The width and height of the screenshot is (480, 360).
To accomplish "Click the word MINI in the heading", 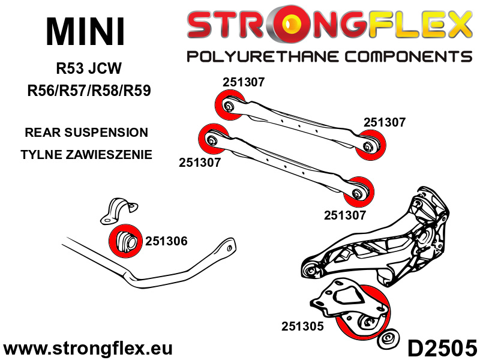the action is (85, 32).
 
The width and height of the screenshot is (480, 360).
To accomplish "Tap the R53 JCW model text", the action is (89, 68).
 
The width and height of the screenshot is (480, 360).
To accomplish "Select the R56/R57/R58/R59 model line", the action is (89, 91).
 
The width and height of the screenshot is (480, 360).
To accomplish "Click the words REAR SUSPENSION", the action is (86, 133).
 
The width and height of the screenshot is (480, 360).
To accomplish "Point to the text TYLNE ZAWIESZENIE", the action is (86, 155).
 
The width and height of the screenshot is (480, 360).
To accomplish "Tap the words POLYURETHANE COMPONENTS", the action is (329, 57).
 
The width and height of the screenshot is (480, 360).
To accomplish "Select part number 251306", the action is (166, 241).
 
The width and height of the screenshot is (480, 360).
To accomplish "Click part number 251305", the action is (302, 326).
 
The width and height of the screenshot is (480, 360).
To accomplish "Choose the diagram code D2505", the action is (442, 348).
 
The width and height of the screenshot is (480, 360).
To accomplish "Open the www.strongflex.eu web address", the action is (88, 349).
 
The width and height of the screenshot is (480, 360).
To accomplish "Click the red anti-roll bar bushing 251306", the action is (125, 241).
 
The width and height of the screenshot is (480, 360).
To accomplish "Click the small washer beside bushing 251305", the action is (388, 338).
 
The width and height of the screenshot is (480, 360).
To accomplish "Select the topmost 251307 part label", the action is (244, 82).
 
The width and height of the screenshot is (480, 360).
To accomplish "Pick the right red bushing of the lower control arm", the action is (359, 192).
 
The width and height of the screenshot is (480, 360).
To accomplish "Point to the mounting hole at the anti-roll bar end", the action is (229, 248).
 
